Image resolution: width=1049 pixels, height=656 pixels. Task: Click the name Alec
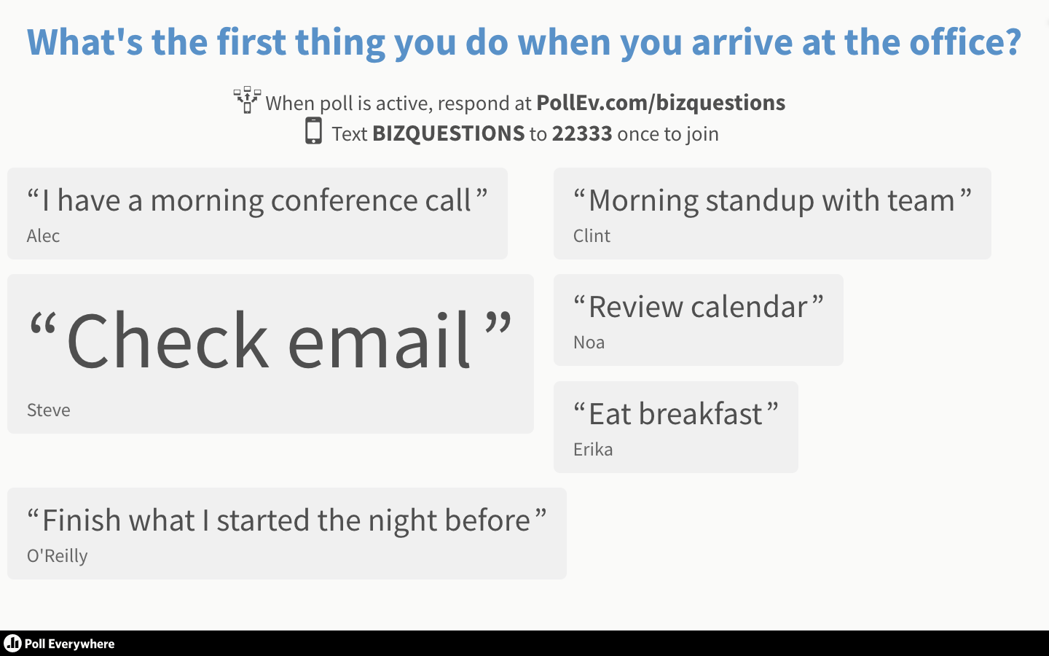[x=43, y=235]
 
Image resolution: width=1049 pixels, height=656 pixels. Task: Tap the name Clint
[x=592, y=235]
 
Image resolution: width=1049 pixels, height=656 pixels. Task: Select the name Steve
[x=49, y=410]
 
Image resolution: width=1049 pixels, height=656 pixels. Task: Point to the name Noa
[x=589, y=343]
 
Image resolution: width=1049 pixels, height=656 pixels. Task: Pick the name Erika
[x=593, y=449]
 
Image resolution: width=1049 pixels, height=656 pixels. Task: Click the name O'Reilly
[x=57, y=556]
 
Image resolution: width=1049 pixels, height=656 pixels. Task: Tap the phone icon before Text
[x=313, y=130]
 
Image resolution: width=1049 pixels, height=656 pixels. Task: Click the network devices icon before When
[x=247, y=100]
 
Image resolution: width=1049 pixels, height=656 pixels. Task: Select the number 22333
[x=581, y=134]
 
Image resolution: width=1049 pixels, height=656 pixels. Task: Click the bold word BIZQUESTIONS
[x=448, y=134]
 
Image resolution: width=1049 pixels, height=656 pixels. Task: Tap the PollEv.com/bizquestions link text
[x=660, y=103]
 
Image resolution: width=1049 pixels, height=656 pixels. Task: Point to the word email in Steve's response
[x=379, y=340]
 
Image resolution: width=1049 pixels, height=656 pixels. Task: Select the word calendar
[x=750, y=307]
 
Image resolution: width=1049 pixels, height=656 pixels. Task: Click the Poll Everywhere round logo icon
[x=12, y=644]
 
